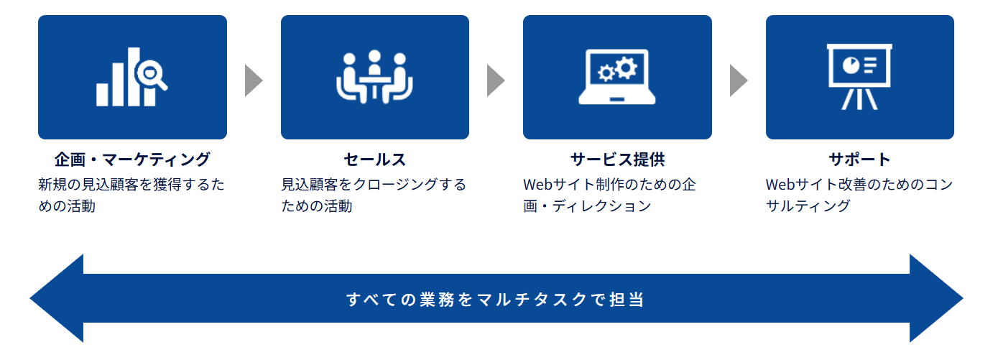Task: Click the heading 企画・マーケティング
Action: pyautogui.click(x=132, y=159)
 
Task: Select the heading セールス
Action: pyautogui.click(x=374, y=159)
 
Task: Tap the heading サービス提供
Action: pyautogui.click(x=617, y=159)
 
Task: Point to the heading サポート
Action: pyautogui.click(x=859, y=159)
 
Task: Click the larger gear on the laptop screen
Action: pyautogui.click(x=627, y=68)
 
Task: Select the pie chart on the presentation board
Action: pyautogui.click(x=851, y=65)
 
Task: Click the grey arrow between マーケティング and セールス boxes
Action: pyautogui.click(x=254, y=80)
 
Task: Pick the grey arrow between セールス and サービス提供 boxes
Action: pyautogui.click(x=496, y=80)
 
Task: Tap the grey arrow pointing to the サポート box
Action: pyautogui.click(x=739, y=80)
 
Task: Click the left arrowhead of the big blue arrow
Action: pyautogui.click(x=57, y=298)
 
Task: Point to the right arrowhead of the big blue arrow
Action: pyautogui.click(x=936, y=298)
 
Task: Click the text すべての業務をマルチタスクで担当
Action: pyautogui.click(x=496, y=299)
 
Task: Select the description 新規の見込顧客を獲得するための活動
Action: pyautogui.click(x=131, y=195)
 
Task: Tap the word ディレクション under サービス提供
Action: pyautogui.click(x=602, y=206)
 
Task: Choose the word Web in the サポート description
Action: pyautogui.click(x=780, y=185)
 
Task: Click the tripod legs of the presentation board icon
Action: pyautogui.click(x=859, y=98)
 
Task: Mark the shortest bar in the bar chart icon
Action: pyautogui.click(x=102, y=94)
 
